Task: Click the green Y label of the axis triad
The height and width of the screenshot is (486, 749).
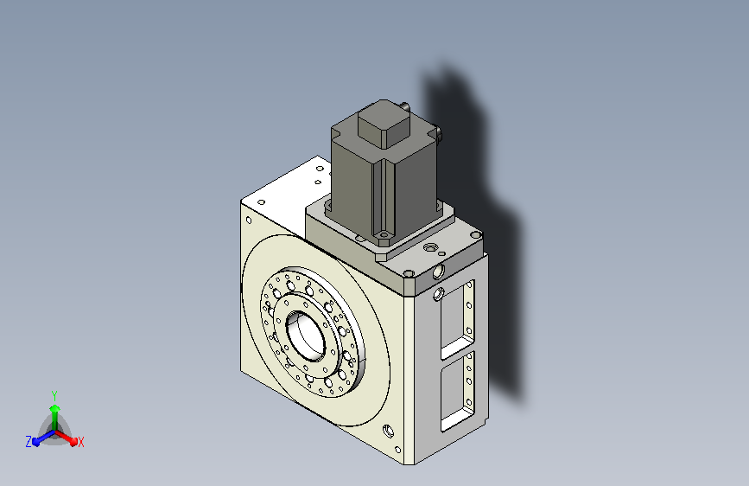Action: coord(54,395)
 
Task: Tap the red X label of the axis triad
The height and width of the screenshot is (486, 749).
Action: coord(80,442)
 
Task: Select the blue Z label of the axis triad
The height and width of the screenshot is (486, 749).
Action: coord(29,442)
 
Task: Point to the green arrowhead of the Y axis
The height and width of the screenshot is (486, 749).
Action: coord(55,409)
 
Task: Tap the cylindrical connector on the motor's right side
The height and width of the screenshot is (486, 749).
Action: coord(439,133)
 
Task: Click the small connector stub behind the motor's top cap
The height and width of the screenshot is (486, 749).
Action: coord(405,106)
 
